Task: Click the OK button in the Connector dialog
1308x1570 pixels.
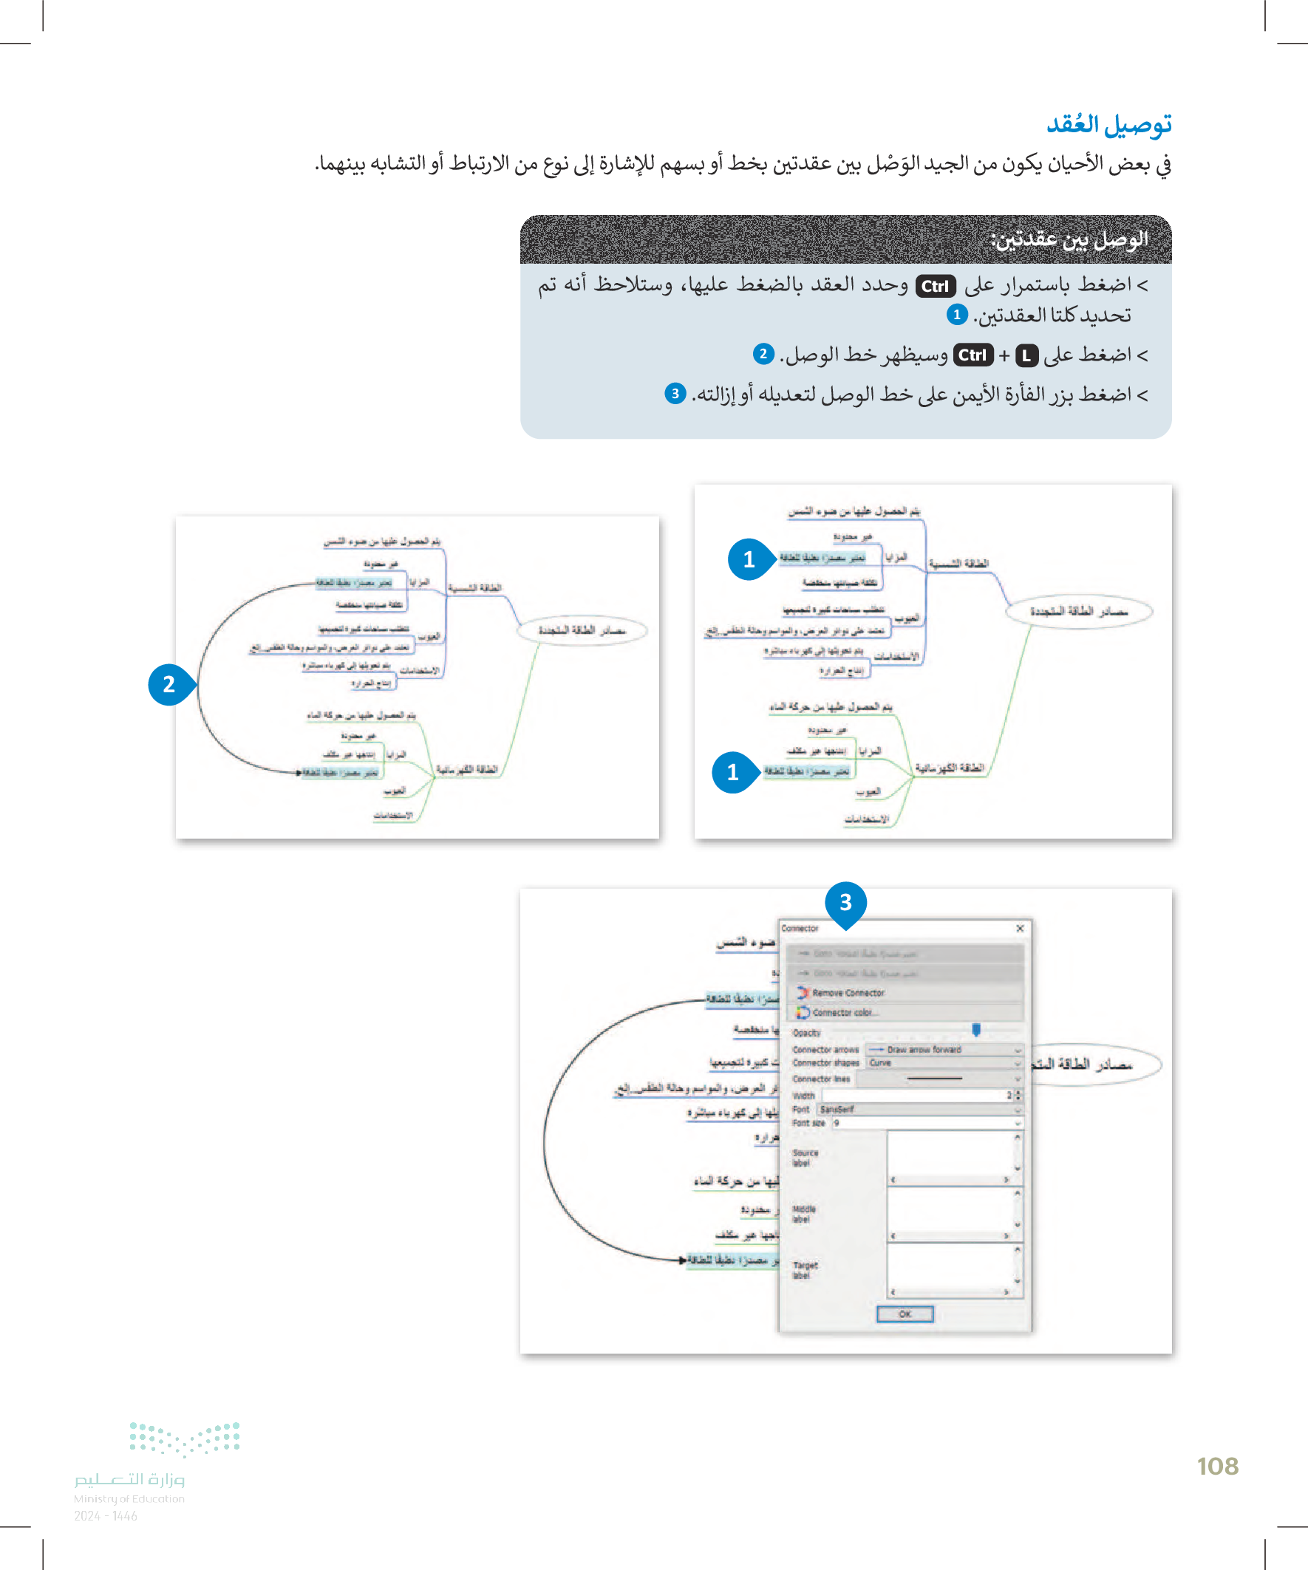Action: click(905, 1314)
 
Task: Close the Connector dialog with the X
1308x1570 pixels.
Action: click(1019, 928)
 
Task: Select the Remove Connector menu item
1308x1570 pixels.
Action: click(848, 993)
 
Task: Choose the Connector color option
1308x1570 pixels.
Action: click(842, 1012)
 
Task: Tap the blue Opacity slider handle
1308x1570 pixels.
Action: click(976, 1030)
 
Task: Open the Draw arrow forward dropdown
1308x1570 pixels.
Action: click(944, 1050)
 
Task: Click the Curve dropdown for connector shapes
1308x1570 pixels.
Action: click(944, 1062)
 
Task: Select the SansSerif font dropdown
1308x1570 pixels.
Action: click(919, 1110)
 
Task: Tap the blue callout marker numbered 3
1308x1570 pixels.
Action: click(845, 902)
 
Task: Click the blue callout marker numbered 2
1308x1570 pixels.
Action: click(169, 684)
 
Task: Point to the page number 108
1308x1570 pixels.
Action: click(1218, 1466)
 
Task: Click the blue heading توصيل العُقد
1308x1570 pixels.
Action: click(1108, 124)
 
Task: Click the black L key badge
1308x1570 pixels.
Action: click(1026, 356)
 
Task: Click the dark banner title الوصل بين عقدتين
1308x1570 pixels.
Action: click(1069, 239)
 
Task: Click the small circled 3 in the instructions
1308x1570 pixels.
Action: click(675, 393)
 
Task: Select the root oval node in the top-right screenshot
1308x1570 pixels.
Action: click(1078, 612)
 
